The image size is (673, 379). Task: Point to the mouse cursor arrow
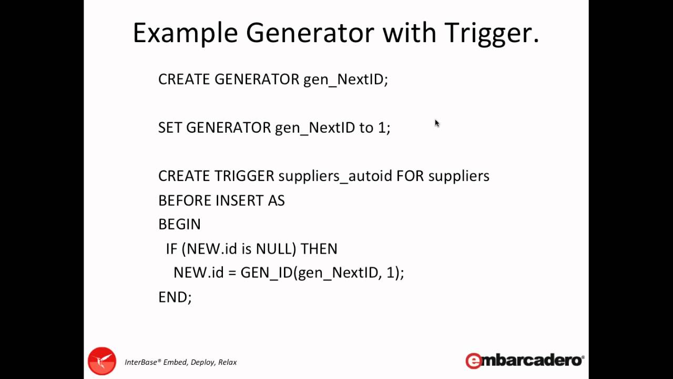pyautogui.click(x=436, y=123)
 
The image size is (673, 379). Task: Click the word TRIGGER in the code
pyautogui.click(x=244, y=176)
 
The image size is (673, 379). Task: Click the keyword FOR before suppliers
pyautogui.click(x=410, y=176)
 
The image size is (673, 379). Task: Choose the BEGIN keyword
pyautogui.click(x=179, y=224)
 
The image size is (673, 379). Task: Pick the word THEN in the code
pyautogui.click(x=319, y=248)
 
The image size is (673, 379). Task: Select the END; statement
pyautogui.click(x=175, y=297)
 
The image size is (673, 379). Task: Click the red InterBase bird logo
pyautogui.click(x=102, y=361)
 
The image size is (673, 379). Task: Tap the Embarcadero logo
pyautogui.click(x=524, y=361)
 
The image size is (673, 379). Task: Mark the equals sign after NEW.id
pyautogui.click(x=232, y=273)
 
